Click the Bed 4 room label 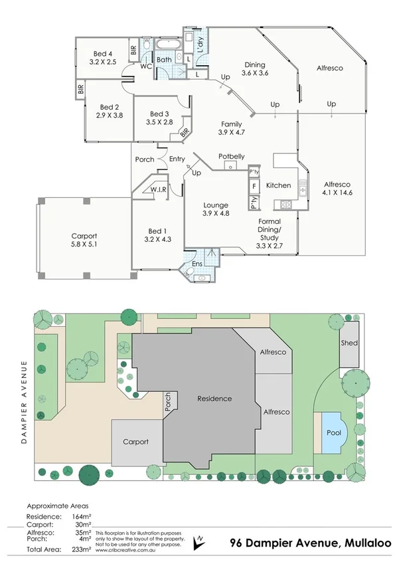(102, 54)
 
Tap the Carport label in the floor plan (84, 236)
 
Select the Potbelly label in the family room (231, 157)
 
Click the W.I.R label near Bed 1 (158, 189)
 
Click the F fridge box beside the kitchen (254, 185)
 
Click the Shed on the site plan (349, 343)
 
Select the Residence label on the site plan (214, 399)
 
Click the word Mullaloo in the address (368, 543)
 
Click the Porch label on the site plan (168, 402)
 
